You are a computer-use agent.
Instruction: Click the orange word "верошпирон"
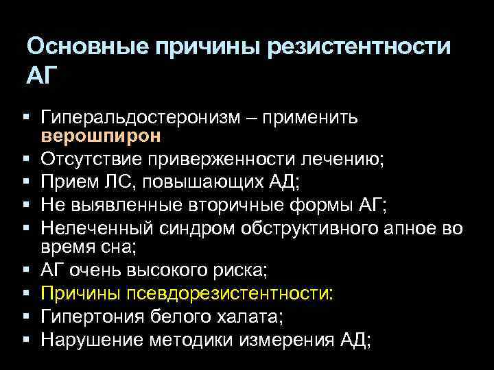click(x=101, y=135)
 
